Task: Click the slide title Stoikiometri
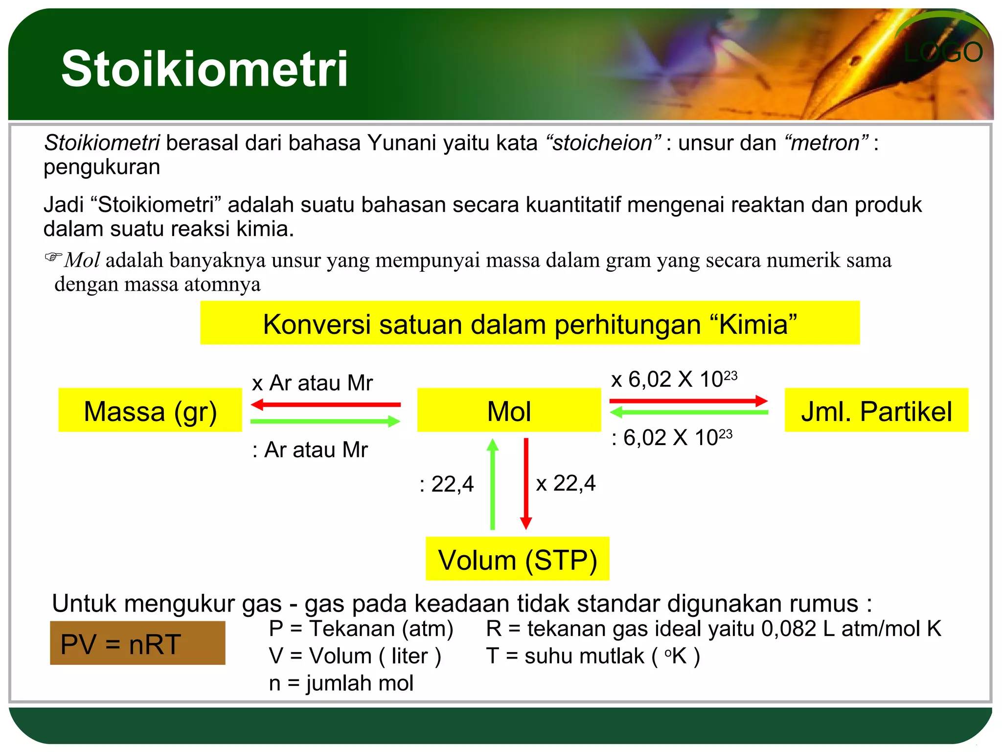coord(205,69)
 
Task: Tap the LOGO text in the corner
coord(943,53)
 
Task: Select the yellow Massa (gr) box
coord(150,410)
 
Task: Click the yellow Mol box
coord(509,410)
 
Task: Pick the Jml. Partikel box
coord(876,410)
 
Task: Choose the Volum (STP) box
coord(517,559)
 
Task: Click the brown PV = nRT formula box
coord(137,643)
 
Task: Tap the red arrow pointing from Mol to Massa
coord(325,405)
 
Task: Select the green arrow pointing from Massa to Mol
coord(325,421)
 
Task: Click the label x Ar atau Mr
coord(312,383)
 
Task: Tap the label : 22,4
coord(447,484)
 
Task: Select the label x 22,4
coord(566,483)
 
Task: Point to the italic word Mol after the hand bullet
coord(82,260)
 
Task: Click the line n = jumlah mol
coord(341,682)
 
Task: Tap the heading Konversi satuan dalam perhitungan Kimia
coord(530,324)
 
